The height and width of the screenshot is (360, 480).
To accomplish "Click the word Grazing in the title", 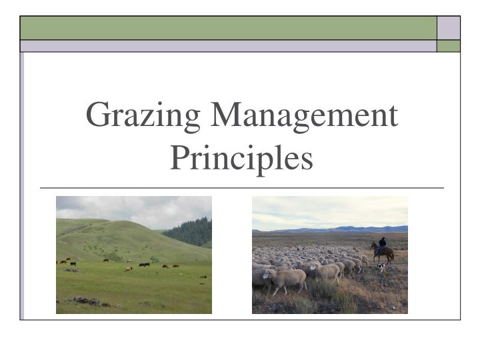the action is click(143, 117).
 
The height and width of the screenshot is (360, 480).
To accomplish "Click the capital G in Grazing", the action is click(97, 114).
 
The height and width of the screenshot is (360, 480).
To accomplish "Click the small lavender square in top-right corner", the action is click(449, 28).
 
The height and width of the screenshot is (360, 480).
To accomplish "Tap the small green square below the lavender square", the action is click(449, 46).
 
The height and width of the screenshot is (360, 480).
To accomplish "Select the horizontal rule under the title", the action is click(242, 188).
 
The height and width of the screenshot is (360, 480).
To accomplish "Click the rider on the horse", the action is click(382, 245).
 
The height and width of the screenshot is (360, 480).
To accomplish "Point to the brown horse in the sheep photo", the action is click(383, 253).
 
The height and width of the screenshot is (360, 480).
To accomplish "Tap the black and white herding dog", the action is click(381, 267).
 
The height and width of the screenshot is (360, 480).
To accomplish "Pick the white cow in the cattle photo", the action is click(128, 269).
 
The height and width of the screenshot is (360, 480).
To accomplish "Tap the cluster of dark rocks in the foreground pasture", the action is click(91, 301).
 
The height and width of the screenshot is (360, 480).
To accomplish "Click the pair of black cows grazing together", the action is click(144, 265).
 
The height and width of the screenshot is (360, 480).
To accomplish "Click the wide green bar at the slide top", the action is click(229, 28).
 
